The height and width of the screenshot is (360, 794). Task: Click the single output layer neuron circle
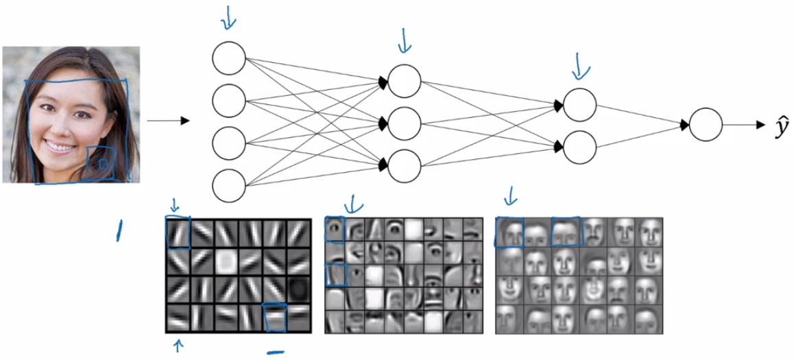point(705,125)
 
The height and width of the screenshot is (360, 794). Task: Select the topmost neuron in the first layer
point(229,58)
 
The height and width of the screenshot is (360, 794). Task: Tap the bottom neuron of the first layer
point(229,187)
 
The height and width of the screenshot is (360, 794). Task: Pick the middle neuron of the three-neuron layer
point(404,123)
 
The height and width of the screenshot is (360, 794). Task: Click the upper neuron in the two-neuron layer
point(580,105)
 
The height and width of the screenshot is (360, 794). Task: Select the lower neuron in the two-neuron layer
point(580,147)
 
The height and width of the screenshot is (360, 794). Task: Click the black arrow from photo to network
point(168,121)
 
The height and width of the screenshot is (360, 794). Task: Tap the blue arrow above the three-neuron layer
point(405,40)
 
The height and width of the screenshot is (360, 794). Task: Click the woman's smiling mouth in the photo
point(60,147)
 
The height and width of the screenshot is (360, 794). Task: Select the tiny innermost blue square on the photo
point(103,164)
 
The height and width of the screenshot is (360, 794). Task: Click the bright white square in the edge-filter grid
point(226,261)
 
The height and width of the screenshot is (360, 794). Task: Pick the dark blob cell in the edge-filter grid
point(298,289)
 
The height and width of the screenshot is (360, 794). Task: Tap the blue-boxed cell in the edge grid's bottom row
point(275,317)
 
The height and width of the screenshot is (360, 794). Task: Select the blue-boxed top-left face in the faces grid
point(509,232)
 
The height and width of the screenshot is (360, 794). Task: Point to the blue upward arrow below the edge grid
point(178,346)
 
